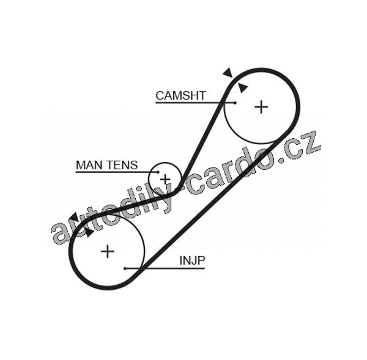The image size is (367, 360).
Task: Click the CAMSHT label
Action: coord(180,95)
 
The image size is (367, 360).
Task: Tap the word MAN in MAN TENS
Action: coord(87,165)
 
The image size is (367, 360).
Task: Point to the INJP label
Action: coord(192,261)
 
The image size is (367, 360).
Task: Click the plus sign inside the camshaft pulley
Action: coord(261,107)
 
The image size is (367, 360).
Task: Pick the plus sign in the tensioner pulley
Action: coord(165,179)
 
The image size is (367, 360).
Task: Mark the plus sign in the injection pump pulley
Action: coord(108,251)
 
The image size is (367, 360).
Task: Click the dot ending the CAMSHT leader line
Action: coord(234,103)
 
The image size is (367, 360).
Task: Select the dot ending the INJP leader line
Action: coord(125,268)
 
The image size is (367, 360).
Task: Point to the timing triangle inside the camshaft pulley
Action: coord(243,88)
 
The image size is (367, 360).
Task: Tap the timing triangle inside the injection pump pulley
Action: coord(89,232)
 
